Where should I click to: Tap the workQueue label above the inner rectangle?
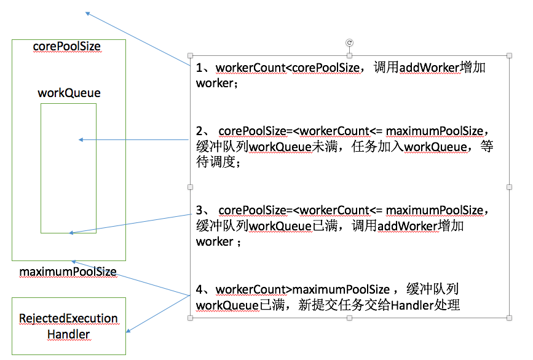(69, 93)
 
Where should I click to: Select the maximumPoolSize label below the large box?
(68, 272)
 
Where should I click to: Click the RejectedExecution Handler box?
(69, 326)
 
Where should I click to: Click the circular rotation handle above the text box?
(350, 42)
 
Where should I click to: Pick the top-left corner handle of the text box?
(191, 56)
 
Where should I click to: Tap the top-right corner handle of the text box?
(509, 56)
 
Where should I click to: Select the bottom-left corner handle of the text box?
(191, 318)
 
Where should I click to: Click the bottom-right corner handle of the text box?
(509, 318)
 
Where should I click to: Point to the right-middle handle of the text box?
(509, 187)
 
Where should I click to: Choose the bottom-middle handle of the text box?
(350, 318)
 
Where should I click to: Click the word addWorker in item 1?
(429, 68)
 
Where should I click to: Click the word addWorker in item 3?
(407, 226)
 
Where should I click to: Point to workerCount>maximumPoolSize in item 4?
(302, 289)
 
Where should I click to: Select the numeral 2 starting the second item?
(199, 131)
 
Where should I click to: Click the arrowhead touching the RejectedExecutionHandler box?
(128, 332)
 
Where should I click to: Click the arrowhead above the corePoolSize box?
(88, 13)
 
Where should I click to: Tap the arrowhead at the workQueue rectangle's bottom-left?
(72, 233)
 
